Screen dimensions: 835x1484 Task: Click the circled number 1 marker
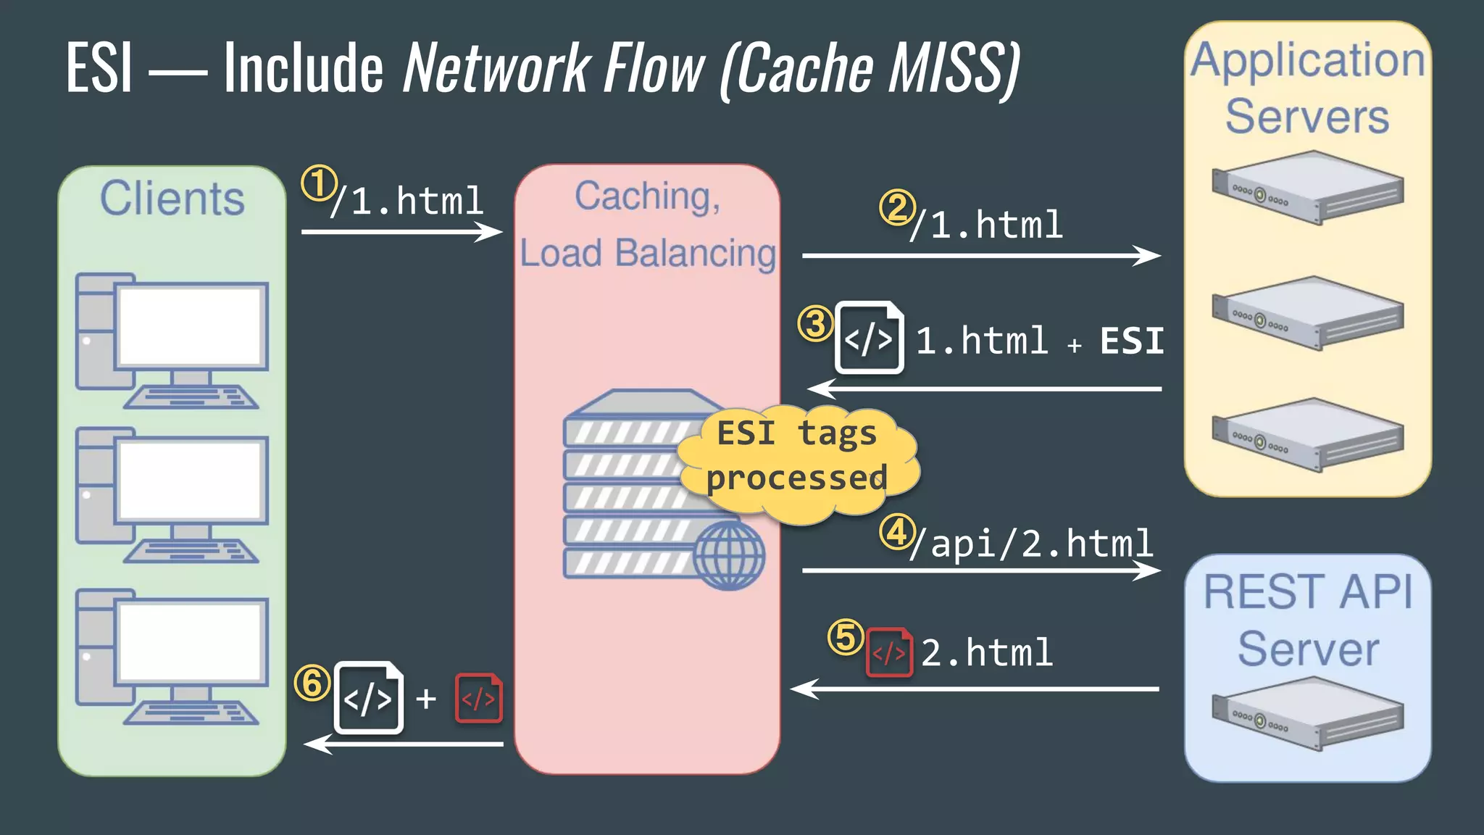[x=319, y=183]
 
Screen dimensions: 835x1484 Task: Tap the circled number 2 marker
[x=897, y=208]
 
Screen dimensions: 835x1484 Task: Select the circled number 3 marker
[x=815, y=323]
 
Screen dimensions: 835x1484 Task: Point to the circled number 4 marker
[x=897, y=533]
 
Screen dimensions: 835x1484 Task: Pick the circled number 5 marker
[x=846, y=638]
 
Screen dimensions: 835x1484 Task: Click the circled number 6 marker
[x=312, y=683]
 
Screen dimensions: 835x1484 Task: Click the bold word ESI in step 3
[x=1131, y=341]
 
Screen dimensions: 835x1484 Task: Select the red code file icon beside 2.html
[x=889, y=652]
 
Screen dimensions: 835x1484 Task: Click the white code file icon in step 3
[x=869, y=338]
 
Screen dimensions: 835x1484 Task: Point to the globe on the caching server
[x=728, y=555]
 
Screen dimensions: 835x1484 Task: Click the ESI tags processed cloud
[x=797, y=457]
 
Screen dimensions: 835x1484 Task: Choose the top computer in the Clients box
[x=172, y=341]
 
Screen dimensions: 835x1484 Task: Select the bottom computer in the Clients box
[x=172, y=657]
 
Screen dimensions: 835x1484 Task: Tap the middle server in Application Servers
[x=1307, y=313]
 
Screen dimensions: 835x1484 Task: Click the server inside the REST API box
[x=1307, y=713]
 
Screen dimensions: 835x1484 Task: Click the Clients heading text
[x=172, y=198]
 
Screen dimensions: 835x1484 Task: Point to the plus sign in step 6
[x=426, y=699]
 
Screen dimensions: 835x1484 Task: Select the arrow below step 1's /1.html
[x=402, y=232]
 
